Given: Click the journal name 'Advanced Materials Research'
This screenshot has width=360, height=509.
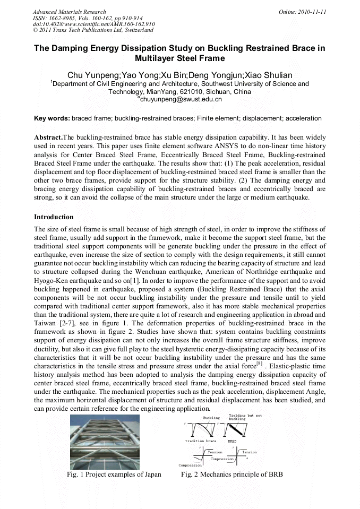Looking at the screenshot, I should [69, 12].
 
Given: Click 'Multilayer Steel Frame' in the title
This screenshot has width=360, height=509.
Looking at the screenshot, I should [180, 58].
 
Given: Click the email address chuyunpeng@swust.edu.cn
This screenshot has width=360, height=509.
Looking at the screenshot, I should [181, 99].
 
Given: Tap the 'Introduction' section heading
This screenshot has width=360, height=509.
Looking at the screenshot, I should [54, 217].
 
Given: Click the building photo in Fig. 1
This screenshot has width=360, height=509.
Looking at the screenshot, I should [105, 442].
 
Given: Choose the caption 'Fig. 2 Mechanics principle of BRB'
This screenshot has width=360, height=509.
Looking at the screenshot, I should [232, 474].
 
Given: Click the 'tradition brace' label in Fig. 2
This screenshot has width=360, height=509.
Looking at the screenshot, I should [200, 441].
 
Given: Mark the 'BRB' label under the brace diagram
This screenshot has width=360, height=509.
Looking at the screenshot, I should [232, 441].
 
